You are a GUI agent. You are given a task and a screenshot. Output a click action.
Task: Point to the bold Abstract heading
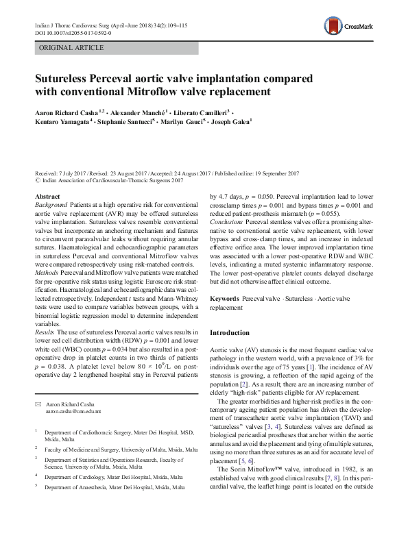tap(47, 197)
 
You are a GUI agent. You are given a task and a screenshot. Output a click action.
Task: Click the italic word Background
tap(52, 205)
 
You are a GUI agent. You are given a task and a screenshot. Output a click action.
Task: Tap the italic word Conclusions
tap(226, 241)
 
